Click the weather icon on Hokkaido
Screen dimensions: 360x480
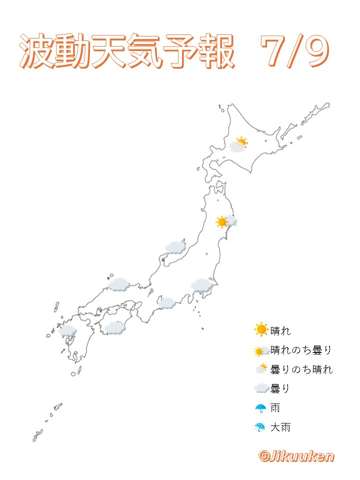238,145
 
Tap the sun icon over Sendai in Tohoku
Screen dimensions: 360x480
222,221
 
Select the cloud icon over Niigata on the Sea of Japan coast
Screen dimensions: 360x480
175,246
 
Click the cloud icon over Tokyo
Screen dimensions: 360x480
202,285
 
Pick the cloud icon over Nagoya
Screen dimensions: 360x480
166,302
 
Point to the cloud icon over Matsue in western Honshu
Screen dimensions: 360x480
119,284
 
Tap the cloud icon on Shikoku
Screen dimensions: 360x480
114,328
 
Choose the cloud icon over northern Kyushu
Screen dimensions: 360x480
67,330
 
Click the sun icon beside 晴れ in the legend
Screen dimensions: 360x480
261,329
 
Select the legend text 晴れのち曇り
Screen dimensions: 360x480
301,350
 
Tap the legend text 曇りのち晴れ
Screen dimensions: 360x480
301,369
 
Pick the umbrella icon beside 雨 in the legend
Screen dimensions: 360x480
260,408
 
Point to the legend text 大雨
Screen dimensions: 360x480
280,427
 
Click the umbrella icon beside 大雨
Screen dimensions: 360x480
260,427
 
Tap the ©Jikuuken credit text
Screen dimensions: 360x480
296,455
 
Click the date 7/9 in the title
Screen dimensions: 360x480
295,51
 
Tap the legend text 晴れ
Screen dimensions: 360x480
280,330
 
